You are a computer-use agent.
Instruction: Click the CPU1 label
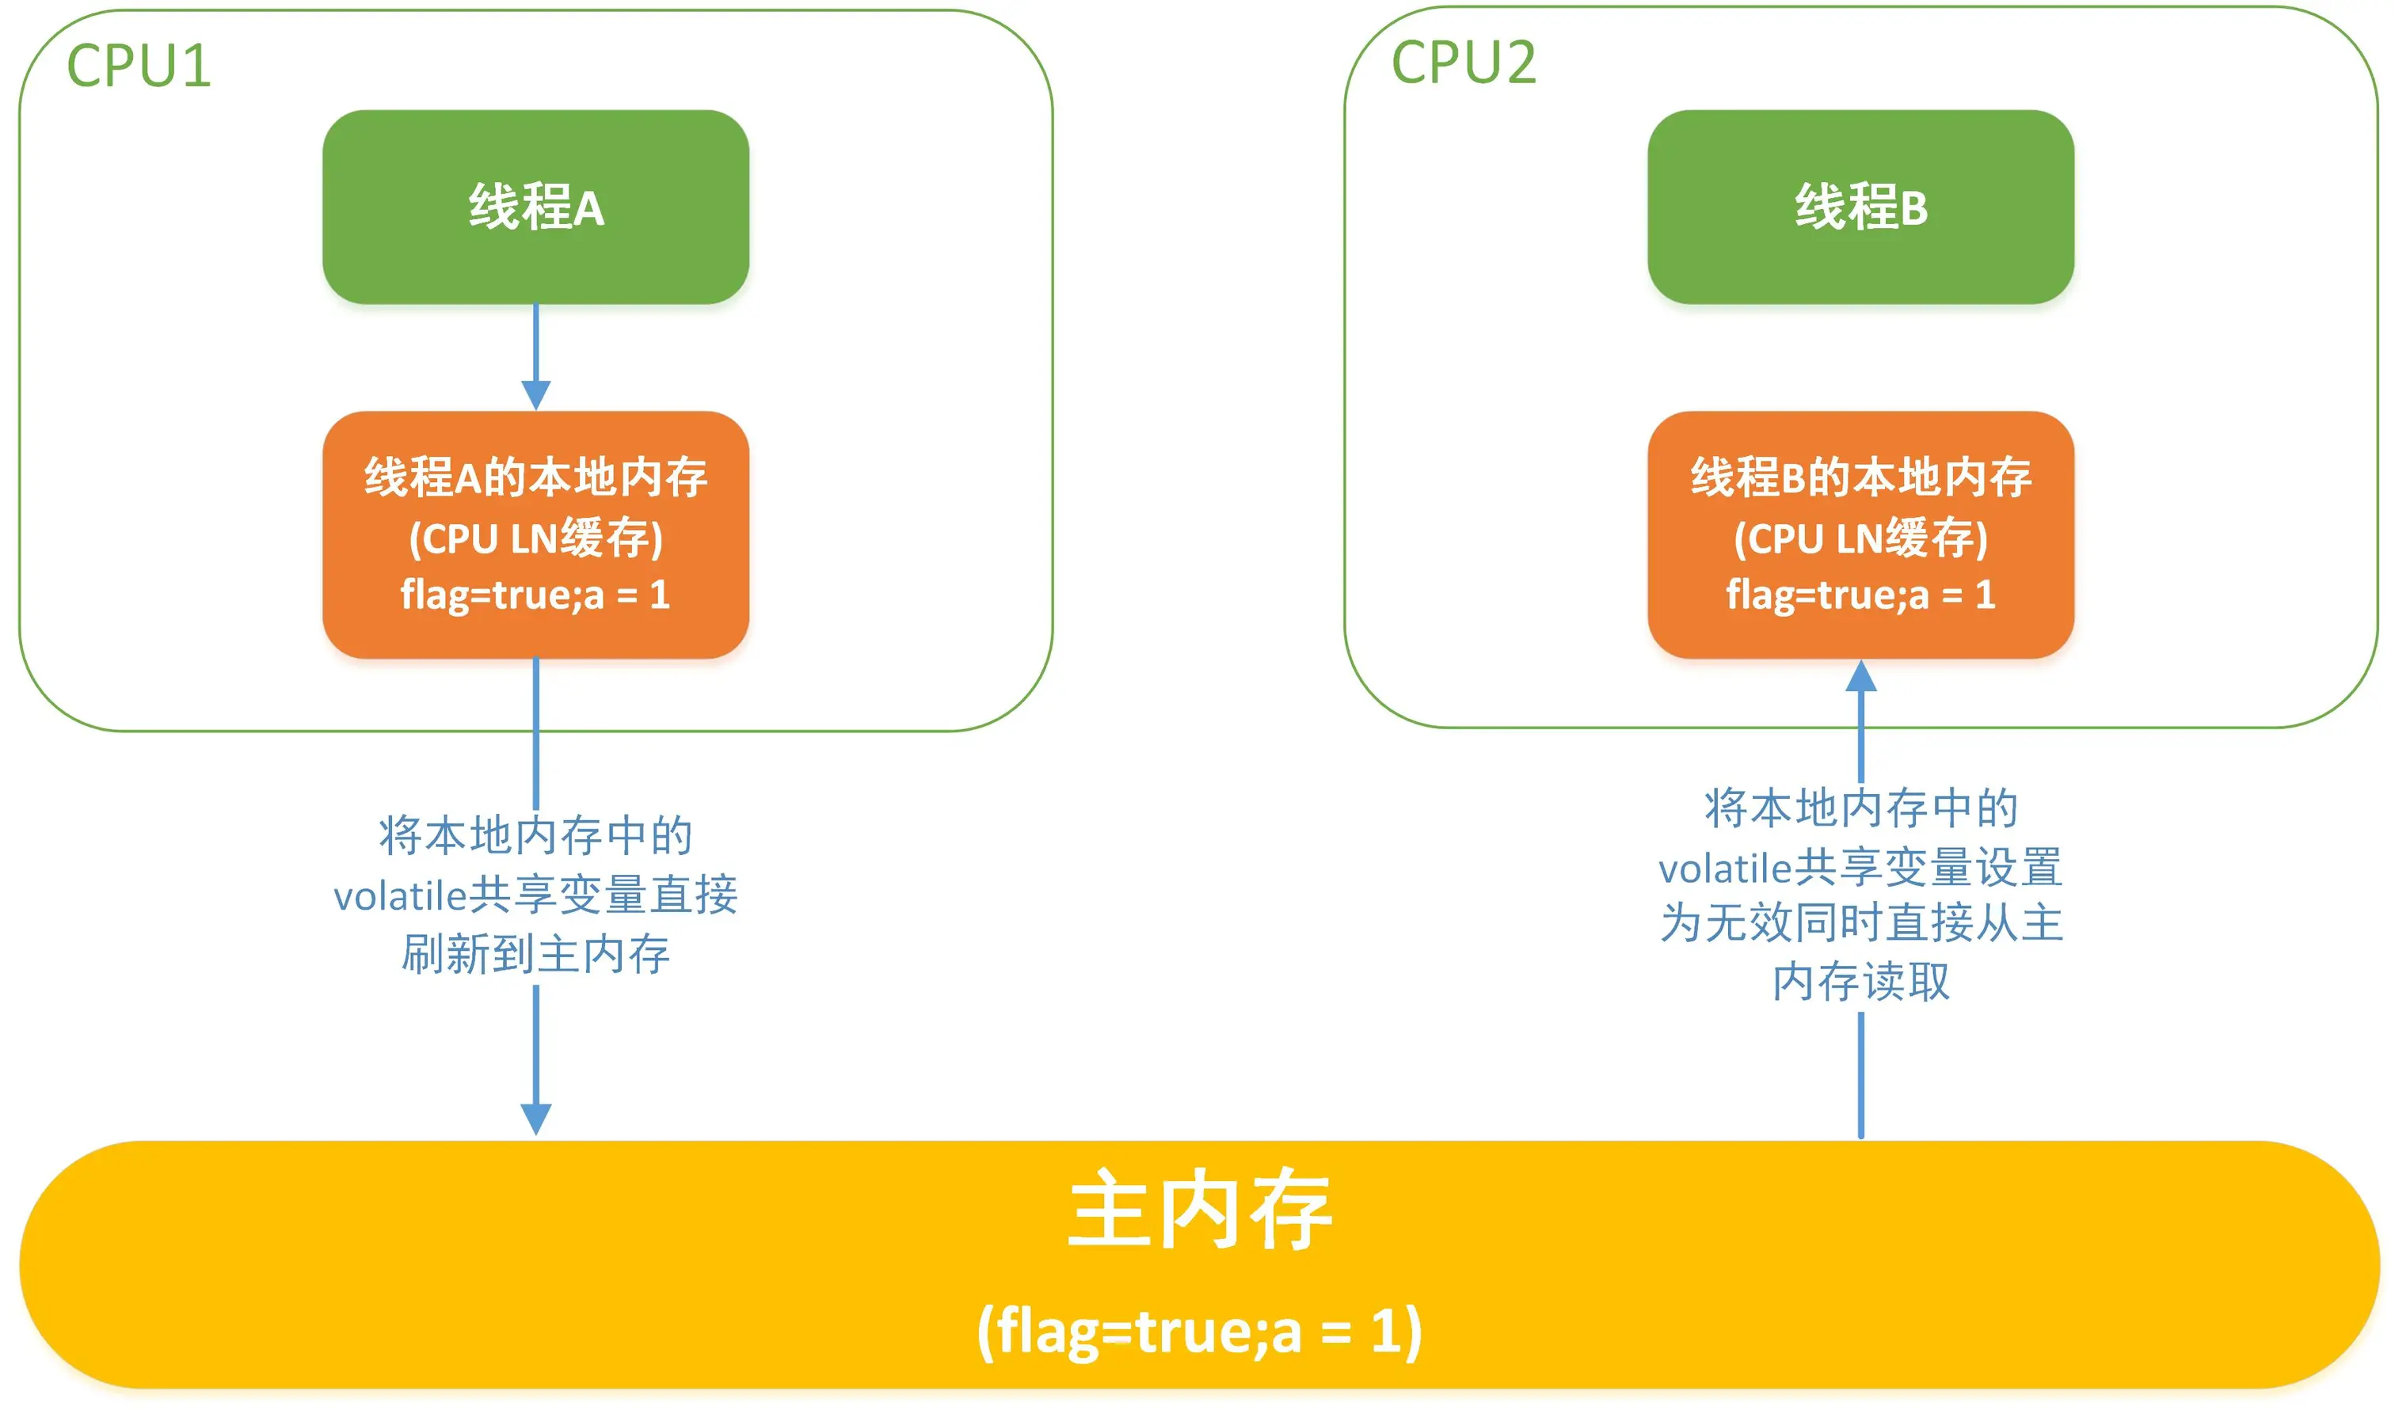click(139, 67)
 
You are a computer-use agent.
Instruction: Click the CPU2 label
click(1463, 63)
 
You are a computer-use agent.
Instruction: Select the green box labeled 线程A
click(536, 207)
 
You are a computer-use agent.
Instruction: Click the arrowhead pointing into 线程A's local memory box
click(536, 394)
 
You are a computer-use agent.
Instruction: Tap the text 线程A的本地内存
click(536, 477)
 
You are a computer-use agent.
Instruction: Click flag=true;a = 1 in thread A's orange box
click(536, 595)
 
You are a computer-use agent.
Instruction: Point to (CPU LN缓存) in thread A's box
click(536, 538)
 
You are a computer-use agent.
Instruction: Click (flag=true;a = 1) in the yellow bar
click(1199, 1330)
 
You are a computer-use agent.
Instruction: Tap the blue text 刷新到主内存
click(536, 954)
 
